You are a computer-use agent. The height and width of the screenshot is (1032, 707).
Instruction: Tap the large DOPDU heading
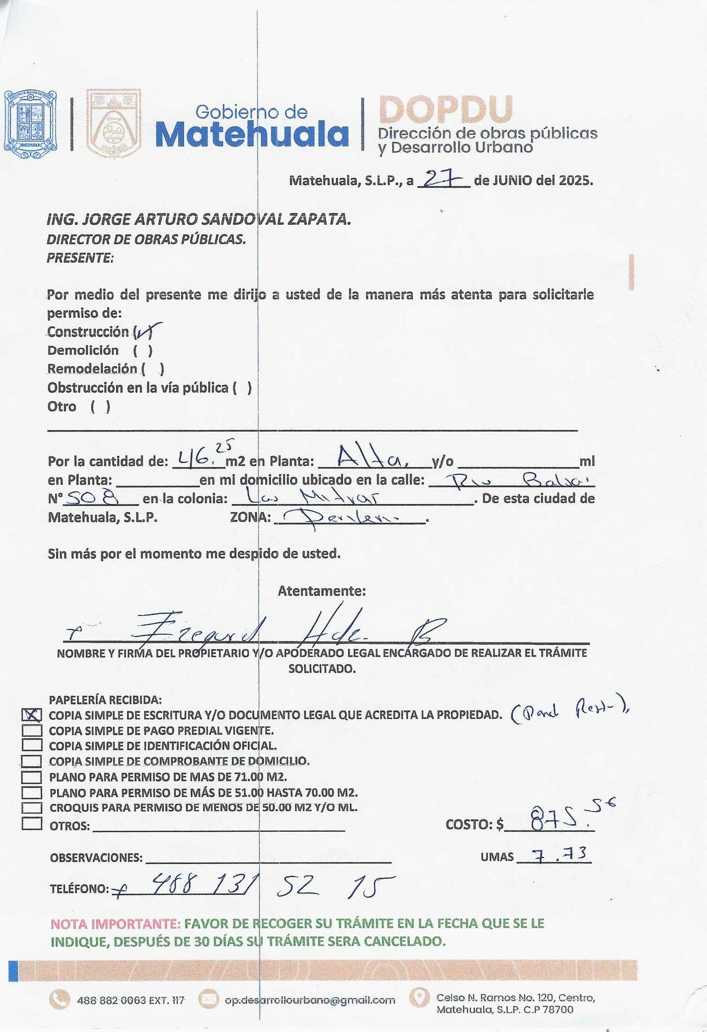pyautogui.click(x=445, y=110)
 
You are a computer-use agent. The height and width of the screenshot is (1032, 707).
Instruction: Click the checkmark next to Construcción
pyautogui.click(x=147, y=331)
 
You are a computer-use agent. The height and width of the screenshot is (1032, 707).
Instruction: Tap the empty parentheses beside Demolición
pyautogui.click(x=142, y=351)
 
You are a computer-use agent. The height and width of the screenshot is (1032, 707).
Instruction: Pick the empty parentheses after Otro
pyautogui.click(x=100, y=406)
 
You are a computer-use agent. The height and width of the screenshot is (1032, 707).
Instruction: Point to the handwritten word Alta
pyautogui.click(x=372, y=458)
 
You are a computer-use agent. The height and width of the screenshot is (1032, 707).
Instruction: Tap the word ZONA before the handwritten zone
pyautogui.click(x=250, y=518)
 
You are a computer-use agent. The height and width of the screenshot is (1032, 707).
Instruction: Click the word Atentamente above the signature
pyautogui.click(x=321, y=591)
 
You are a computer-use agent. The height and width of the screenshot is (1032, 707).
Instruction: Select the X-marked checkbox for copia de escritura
pyautogui.click(x=32, y=715)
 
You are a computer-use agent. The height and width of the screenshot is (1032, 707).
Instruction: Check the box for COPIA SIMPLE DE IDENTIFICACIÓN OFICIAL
pyautogui.click(x=32, y=745)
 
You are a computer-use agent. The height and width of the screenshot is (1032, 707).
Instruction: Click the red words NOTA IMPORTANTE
pyautogui.click(x=115, y=924)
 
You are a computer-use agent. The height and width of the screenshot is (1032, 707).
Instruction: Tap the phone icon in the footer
pyautogui.click(x=59, y=1000)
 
